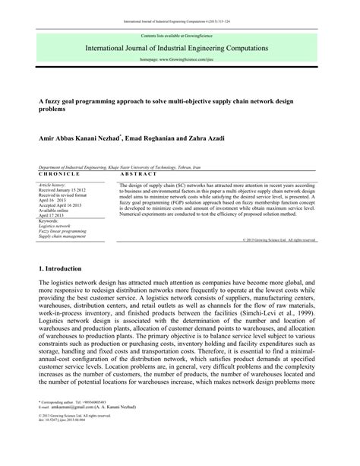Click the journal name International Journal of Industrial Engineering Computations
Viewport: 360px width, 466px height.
click(x=180, y=47)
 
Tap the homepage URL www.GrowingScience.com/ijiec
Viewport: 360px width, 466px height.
click(x=180, y=59)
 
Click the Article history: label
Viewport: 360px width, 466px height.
click(x=52, y=185)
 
